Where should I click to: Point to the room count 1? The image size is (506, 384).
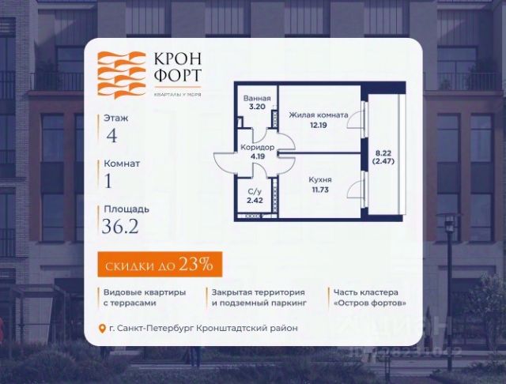[108, 180]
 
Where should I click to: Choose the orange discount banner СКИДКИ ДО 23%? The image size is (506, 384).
[155, 264]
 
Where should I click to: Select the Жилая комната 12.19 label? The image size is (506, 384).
[318, 120]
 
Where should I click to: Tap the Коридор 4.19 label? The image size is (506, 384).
[257, 152]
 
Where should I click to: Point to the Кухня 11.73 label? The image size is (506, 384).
[320, 184]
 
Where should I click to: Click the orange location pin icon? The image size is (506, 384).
[101, 329]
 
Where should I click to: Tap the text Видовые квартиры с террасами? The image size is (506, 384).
[145, 297]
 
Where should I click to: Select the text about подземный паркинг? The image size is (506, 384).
[259, 297]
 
